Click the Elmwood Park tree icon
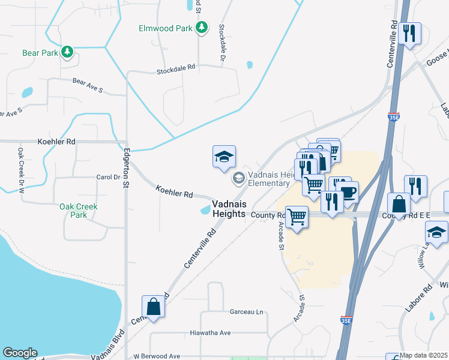point(203,28)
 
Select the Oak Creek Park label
point(78,211)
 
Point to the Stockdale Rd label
point(176,69)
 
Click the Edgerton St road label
point(127,168)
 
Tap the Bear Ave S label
point(88,85)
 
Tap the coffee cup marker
point(348,193)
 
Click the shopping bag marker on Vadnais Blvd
point(154,306)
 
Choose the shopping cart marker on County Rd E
point(297,217)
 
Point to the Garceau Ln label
point(247,312)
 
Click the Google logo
point(20,353)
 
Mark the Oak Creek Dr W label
point(21,170)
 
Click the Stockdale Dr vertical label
point(221,43)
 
